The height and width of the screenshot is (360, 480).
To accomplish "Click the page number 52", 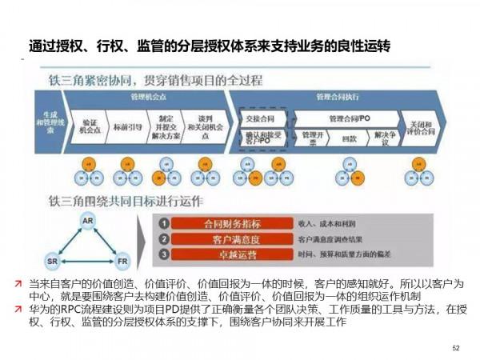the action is coord(457,348).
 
